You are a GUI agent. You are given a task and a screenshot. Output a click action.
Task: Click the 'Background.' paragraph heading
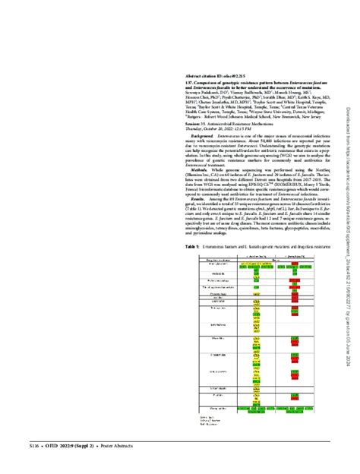pyautogui.click(x=201, y=135)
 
